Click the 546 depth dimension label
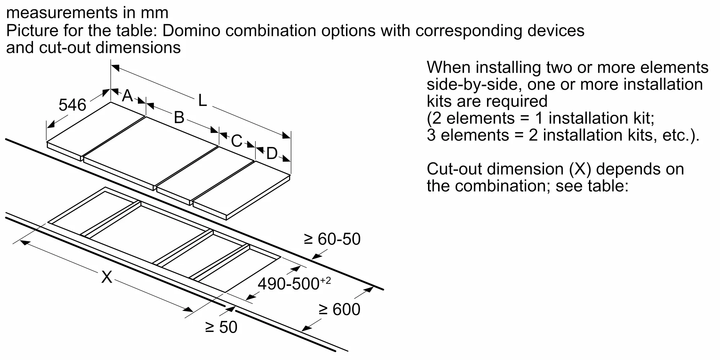pyautogui.click(x=72, y=105)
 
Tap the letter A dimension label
pyautogui.click(x=127, y=96)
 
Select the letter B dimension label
pyautogui.click(x=179, y=118)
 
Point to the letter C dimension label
pyautogui.click(x=237, y=141)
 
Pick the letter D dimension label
pyautogui.click(x=272, y=154)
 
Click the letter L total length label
pyautogui.click(x=203, y=101)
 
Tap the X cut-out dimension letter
pyautogui.click(x=107, y=277)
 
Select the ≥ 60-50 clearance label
pyautogui.click(x=332, y=239)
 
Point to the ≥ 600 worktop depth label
pyautogui.click(x=339, y=310)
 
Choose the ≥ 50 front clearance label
pyautogui.click(x=221, y=327)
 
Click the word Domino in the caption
pyautogui.click(x=191, y=31)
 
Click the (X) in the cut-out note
pyautogui.click(x=580, y=169)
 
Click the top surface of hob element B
pyautogui.click(x=151, y=151)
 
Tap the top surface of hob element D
pyautogui.click(x=241, y=189)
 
